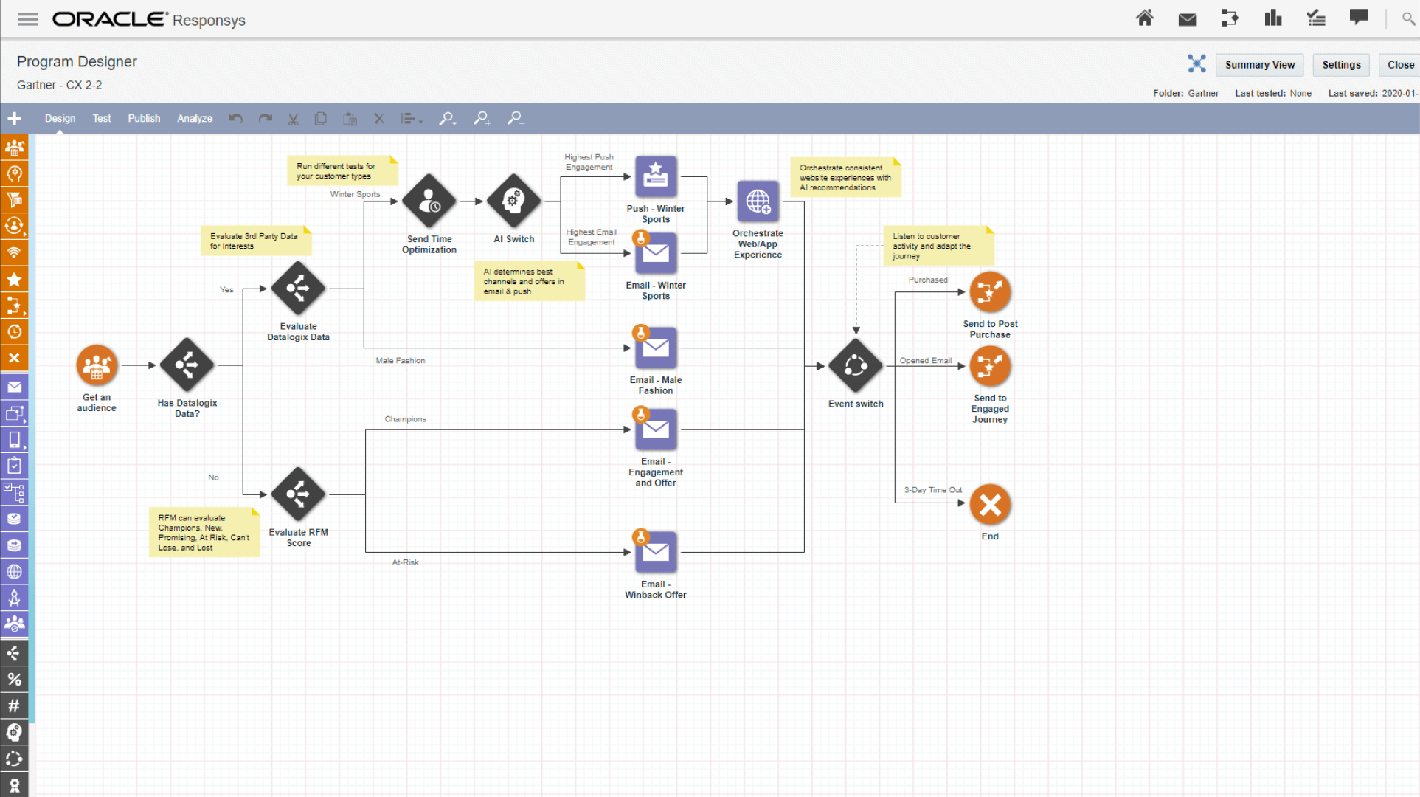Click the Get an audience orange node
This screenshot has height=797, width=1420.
[x=97, y=365]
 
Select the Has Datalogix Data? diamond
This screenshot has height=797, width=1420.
[x=187, y=365]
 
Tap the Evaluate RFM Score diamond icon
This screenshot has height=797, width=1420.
[x=298, y=494]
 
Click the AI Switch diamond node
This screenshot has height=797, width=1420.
[x=513, y=201]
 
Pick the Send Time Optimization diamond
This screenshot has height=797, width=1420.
[x=429, y=201]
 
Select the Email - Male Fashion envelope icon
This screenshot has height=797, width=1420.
[x=655, y=348]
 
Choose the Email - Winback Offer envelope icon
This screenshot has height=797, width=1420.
[x=655, y=553]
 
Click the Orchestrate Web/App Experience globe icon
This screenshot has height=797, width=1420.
[x=758, y=201]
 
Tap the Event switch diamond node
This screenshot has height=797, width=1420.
[x=856, y=366]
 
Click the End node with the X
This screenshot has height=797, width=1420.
[x=990, y=506]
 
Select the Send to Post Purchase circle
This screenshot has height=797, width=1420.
[x=990, y=292]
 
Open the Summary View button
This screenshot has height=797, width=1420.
[x=1259, y=65]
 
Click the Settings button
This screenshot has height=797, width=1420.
[x=1340, y=65]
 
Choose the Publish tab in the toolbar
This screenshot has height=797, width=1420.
[x=144, y=118]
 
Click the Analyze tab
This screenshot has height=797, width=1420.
[x=195, y=118]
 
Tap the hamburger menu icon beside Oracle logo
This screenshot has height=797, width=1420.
[x=28, y=20]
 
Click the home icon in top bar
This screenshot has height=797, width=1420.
[x=1144, y=18]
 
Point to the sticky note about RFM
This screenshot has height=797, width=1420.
[x=204, y=532]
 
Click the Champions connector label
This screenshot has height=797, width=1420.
[x=405, y=419]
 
